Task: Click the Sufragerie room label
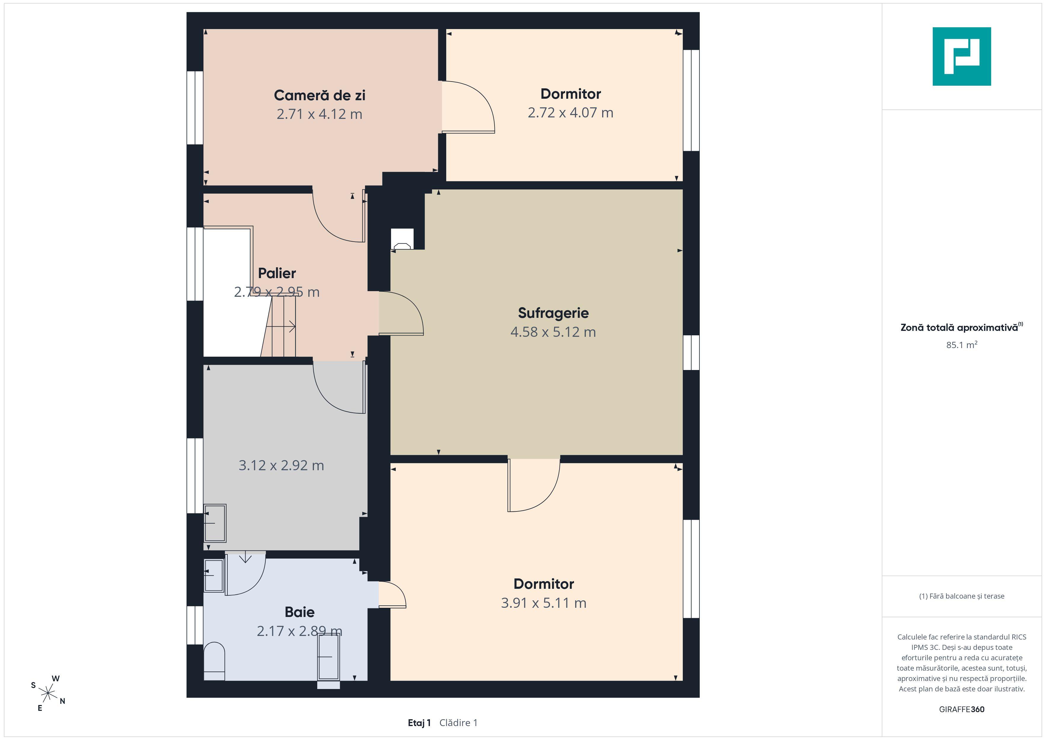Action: pos(553,313)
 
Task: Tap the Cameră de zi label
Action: pos(319,95)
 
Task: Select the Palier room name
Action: pos(277,273)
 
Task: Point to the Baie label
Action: pos(299,612)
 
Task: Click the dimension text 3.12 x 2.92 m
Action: pos(281,465)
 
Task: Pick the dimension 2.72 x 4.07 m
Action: pos(570,113)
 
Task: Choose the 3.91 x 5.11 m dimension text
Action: pos(543,603)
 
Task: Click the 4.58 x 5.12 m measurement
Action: pos(553,332)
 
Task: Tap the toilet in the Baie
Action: pos(214,661)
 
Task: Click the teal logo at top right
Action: pos(962,57)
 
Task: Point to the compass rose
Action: pos(48,693)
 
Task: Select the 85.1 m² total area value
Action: pos(962,345)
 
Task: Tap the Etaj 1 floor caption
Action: pos(419,723)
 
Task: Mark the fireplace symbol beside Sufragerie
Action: pos(402,239)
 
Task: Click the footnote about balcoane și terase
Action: pos(962,596)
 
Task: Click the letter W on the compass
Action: pos(55,679)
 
